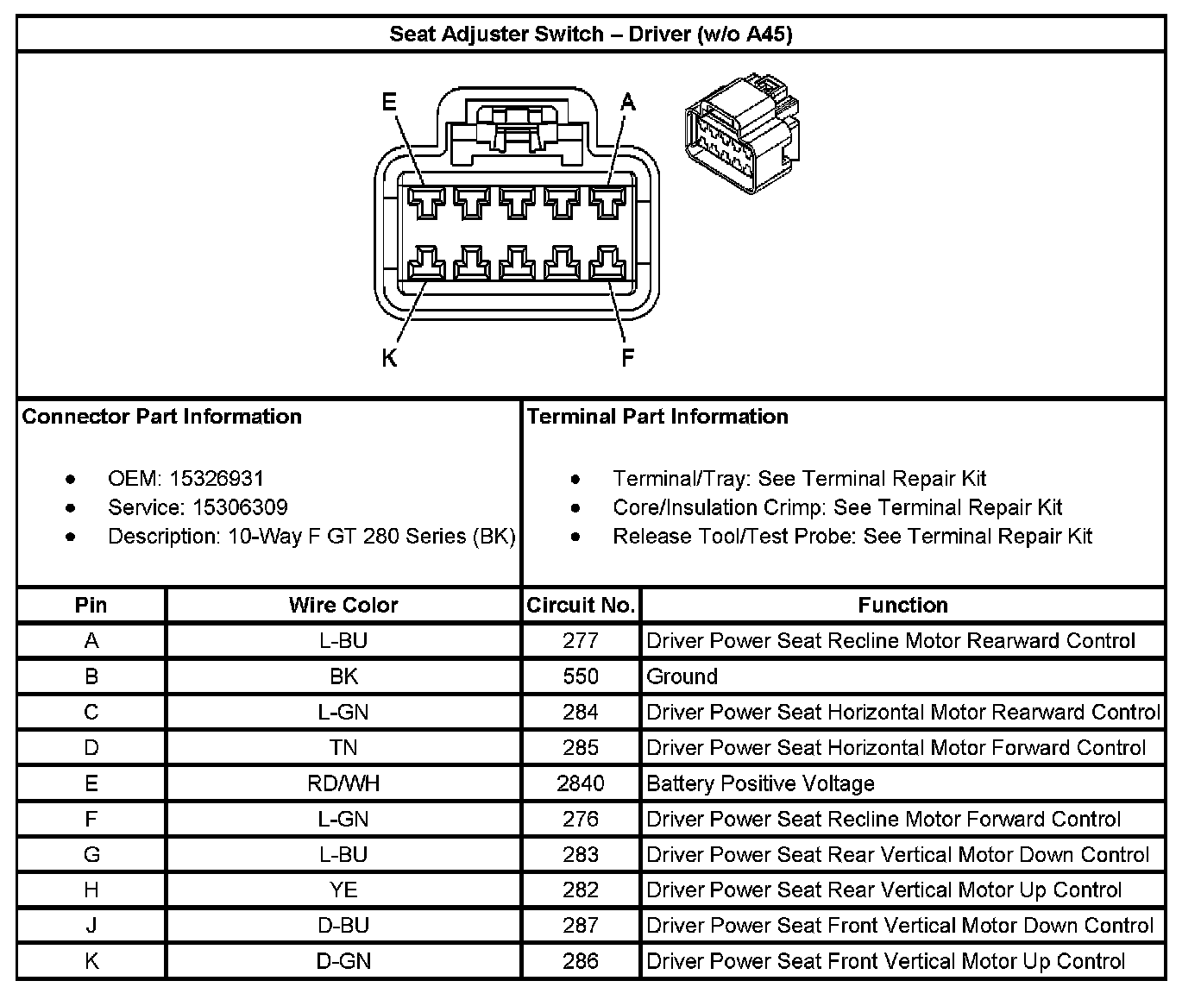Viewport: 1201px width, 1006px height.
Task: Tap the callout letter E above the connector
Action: pos(389,103)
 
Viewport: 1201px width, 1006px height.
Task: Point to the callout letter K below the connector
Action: pos(389,358)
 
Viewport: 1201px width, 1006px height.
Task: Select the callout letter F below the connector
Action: pos(628,358)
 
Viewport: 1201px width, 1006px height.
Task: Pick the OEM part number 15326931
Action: pos(217,478)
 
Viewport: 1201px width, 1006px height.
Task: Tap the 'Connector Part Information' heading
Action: pos(162,417)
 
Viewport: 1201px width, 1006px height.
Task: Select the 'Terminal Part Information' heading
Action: pos(657,417)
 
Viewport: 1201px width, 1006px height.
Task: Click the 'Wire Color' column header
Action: pos(343,605)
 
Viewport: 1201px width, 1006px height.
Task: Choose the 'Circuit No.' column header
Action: pos(581,605)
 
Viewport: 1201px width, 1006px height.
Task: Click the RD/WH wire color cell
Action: pos(343,783)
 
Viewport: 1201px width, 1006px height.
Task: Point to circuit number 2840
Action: pos(581,783)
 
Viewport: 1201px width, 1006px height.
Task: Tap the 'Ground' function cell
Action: pos(682,676)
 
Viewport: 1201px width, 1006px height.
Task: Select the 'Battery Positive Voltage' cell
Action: pos(760,783)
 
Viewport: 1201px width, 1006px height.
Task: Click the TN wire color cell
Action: pos(343,748)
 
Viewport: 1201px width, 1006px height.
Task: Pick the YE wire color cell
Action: pos(343,890)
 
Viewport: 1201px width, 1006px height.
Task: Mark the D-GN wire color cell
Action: pos(343,961)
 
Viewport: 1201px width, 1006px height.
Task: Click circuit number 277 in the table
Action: pos(581,641)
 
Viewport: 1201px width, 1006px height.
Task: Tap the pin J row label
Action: pos(91,926)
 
